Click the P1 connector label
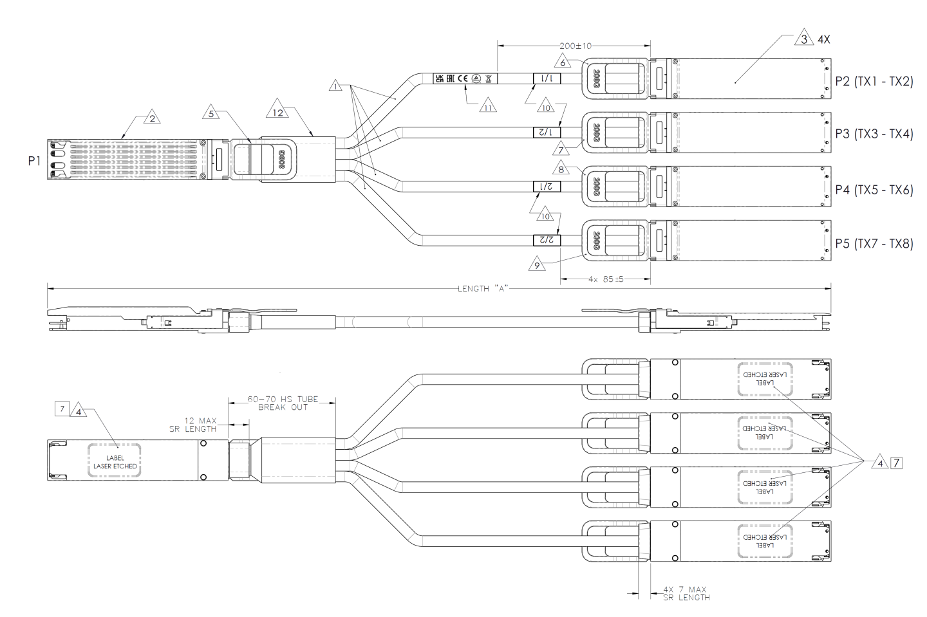pos(34,161)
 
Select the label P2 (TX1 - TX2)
pos(874,80)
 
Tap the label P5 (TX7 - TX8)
pos(874,244)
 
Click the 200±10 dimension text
pos(575,46)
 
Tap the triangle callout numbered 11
pos(489,107)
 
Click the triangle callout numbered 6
pos(563,63)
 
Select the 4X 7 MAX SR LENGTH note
pos(686,593)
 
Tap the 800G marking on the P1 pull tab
pos(281,158)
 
